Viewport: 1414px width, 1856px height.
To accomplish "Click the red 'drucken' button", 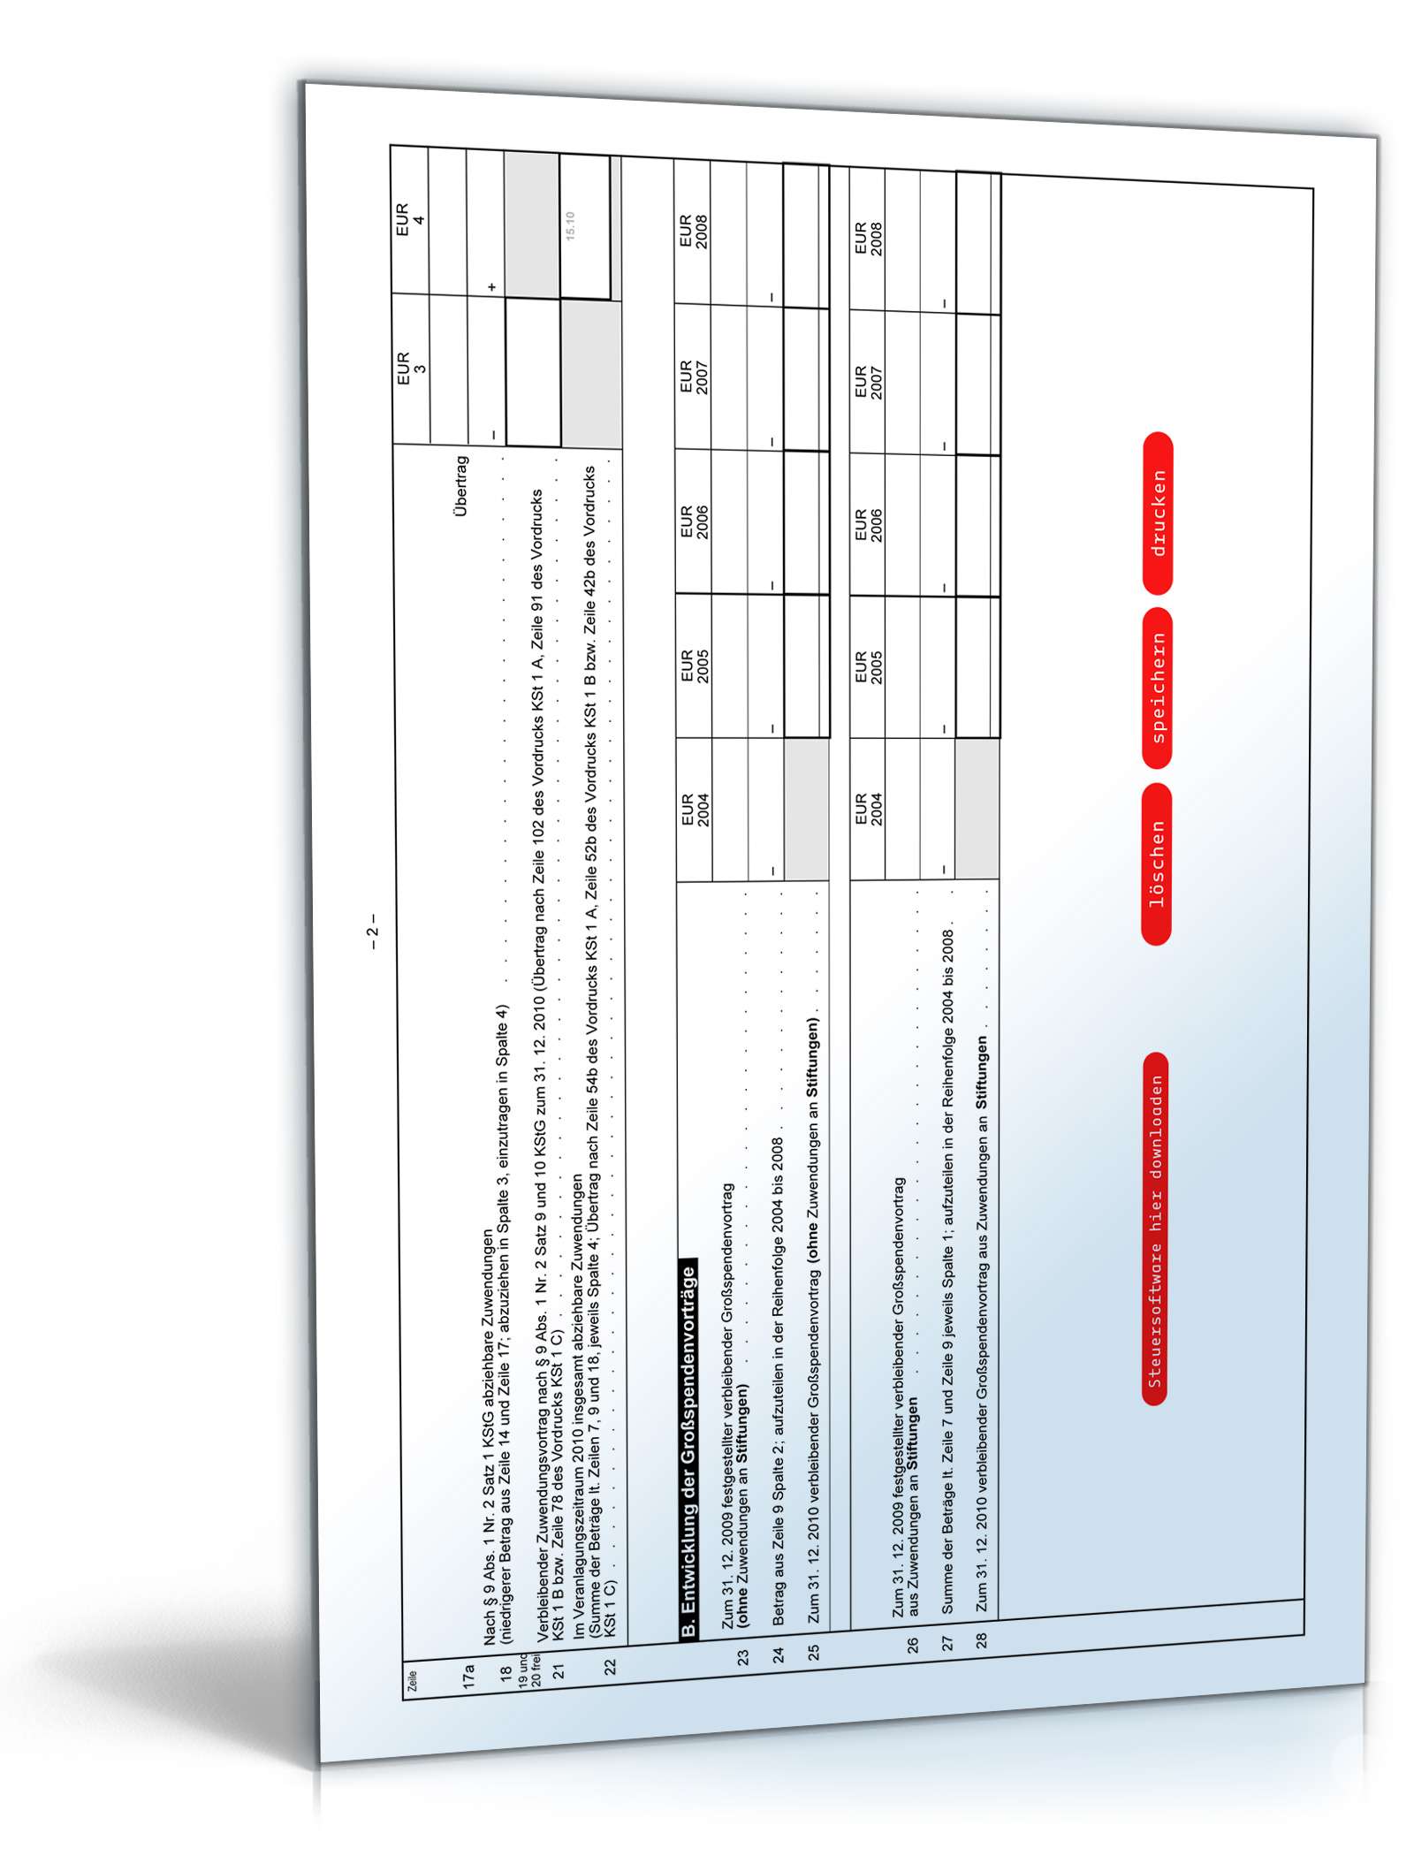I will (x=1157, y=513).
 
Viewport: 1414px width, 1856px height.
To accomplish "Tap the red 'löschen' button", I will (x=1156, y=863).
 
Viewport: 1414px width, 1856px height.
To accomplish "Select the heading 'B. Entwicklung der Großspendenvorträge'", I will (x=688, y=1449).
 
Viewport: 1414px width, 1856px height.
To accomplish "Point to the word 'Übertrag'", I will (x=460, y=485).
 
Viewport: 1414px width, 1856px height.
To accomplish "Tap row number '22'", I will (x=610, y=1666).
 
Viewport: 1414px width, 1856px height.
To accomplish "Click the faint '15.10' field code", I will (x=570, y=226).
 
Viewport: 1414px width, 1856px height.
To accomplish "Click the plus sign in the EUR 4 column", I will (x=492, y=287).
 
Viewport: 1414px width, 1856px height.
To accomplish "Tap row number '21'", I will (x=557, y=1670).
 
